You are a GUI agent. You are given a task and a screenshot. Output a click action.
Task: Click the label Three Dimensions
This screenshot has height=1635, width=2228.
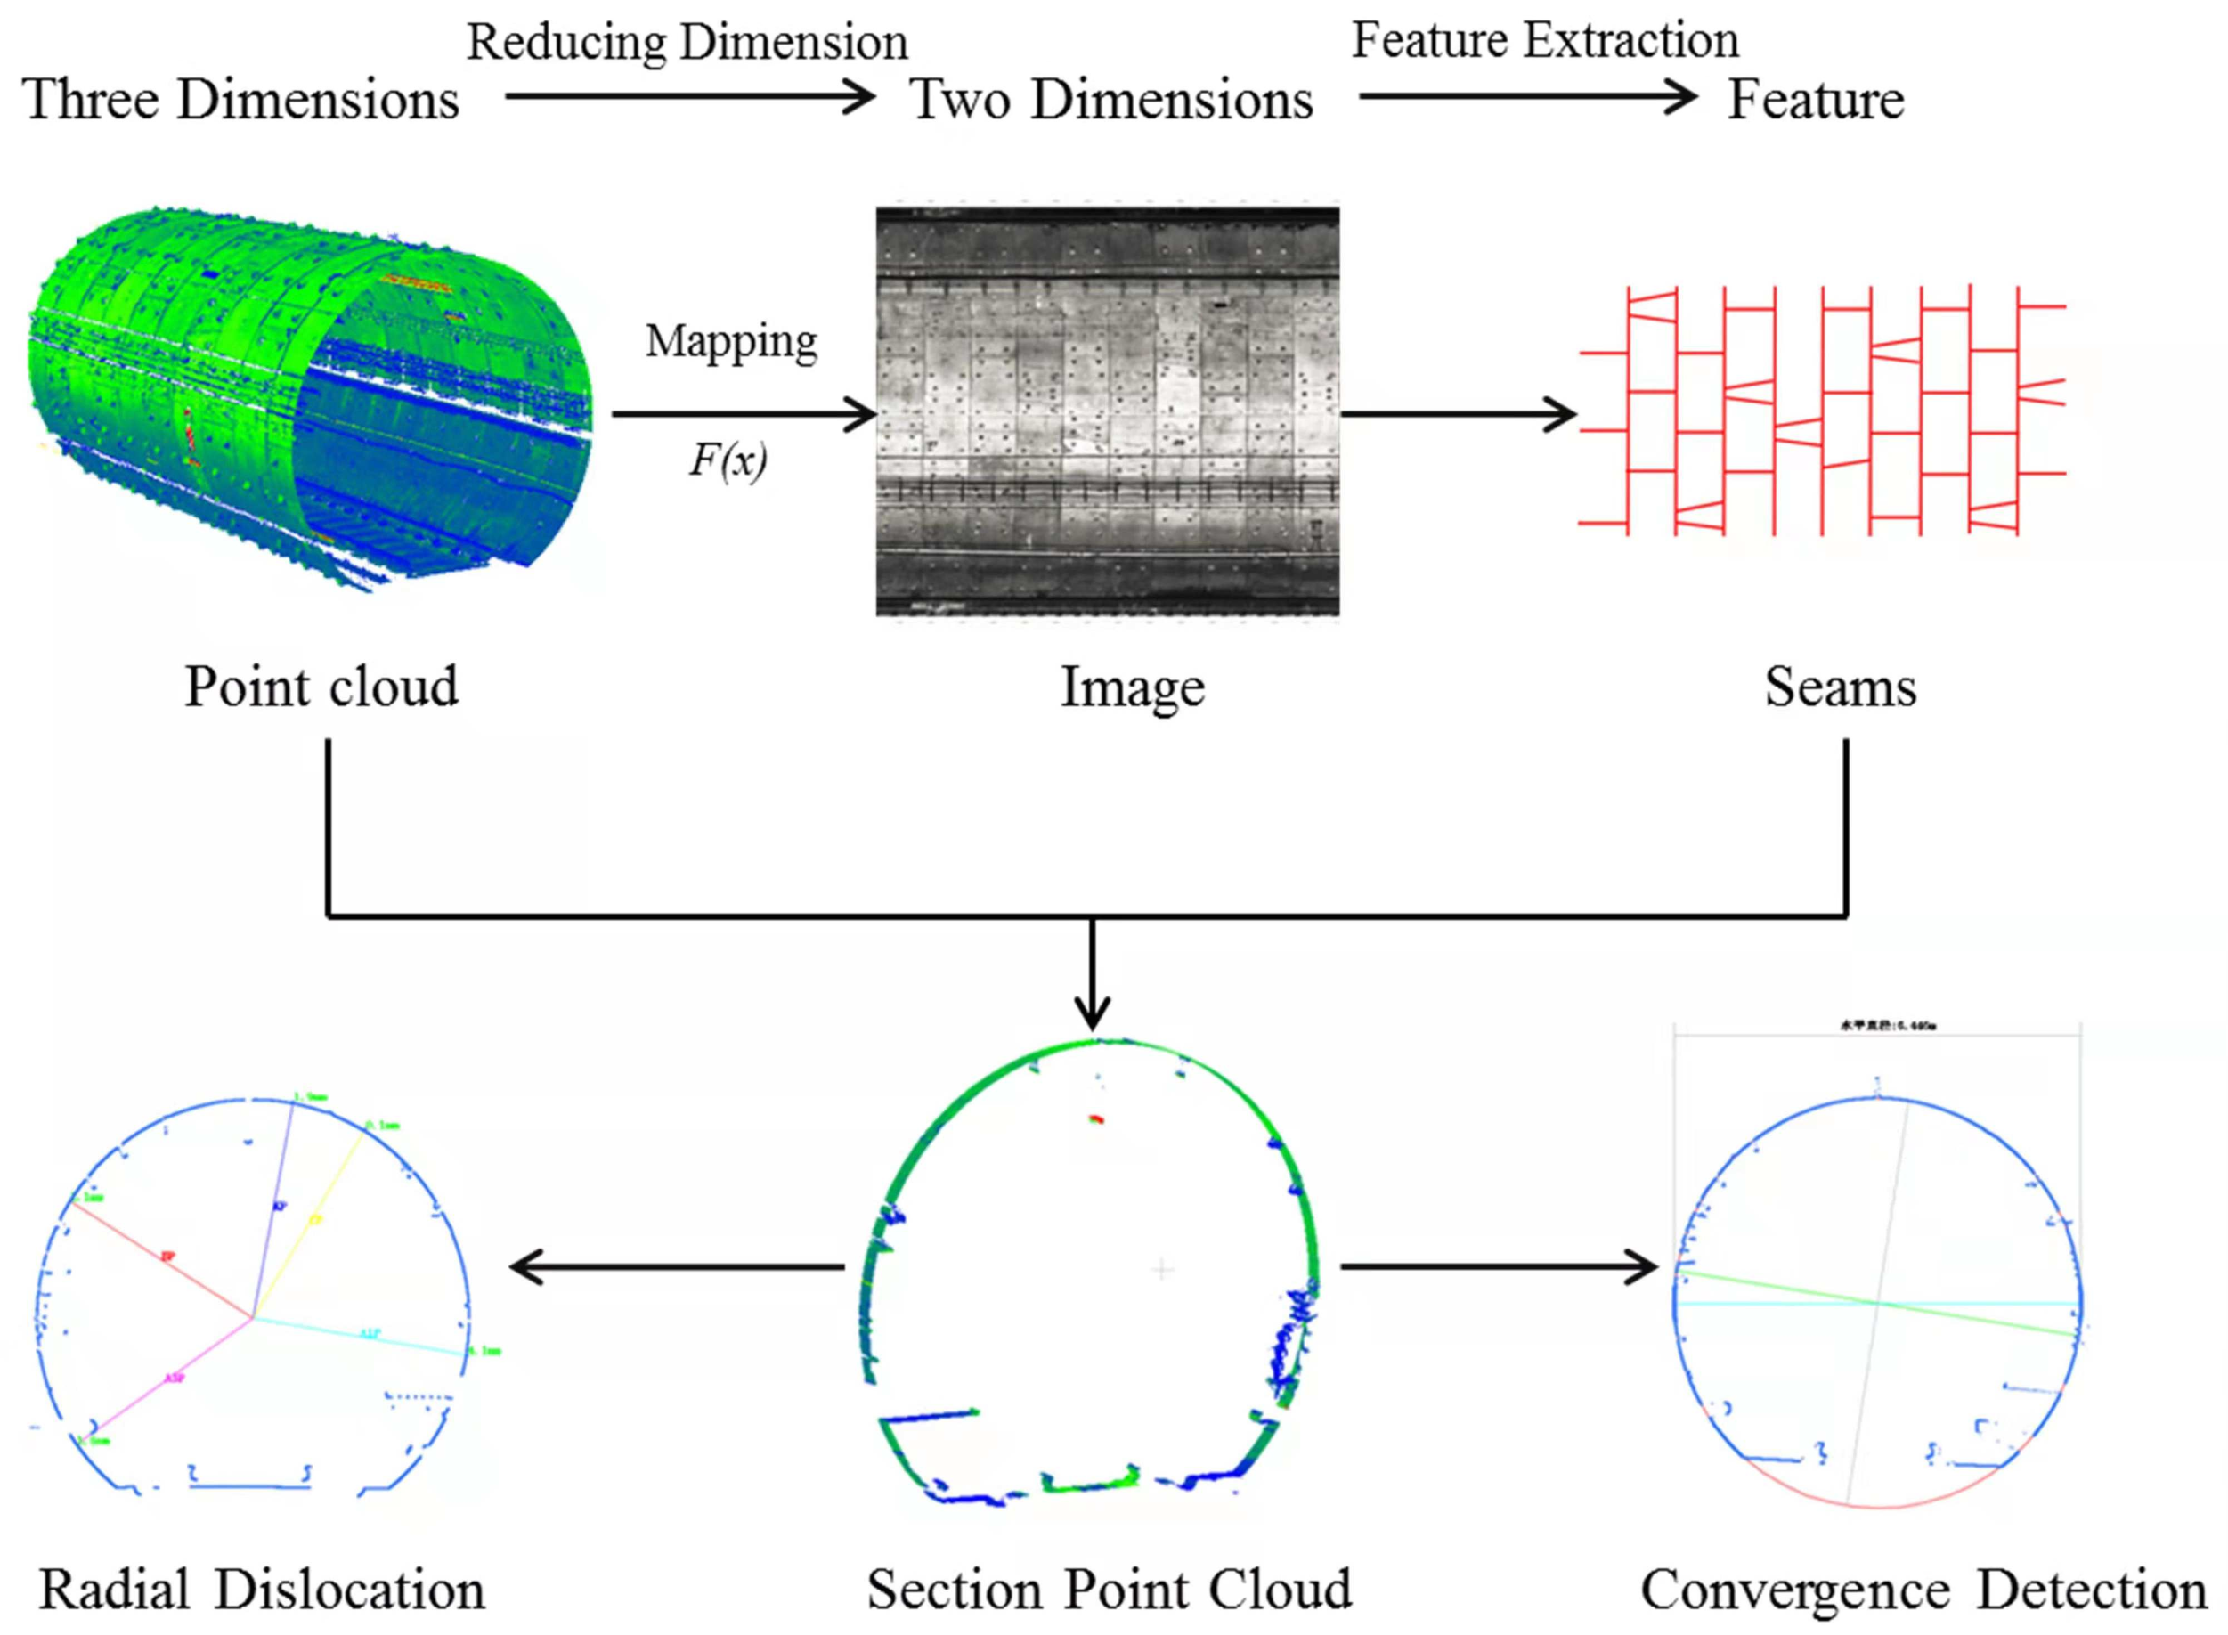pos(240,99)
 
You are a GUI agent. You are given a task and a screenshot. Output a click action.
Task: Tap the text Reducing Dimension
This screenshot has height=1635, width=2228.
pos(686,43)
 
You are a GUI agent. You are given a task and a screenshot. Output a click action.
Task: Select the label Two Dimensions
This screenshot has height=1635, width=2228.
pos(1110,99)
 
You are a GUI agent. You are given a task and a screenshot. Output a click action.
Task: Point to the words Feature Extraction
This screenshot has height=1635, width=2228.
pos(1544,41)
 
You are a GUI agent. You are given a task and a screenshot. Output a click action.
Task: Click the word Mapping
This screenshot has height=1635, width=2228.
pos(730,340)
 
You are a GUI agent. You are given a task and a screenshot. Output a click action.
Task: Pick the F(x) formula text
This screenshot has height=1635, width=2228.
pos(728,460)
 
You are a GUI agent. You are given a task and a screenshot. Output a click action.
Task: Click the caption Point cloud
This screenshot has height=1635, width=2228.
pos(321,686)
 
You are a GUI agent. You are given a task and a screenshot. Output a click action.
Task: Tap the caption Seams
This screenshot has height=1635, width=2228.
pos(1839,686)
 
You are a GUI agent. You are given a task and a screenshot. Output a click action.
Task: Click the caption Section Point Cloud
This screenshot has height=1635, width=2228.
pos(1109,1590)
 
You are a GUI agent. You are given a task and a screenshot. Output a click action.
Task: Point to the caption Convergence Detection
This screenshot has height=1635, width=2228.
pos(1923,1590)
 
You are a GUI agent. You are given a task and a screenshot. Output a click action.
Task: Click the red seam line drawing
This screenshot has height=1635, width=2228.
pos(1821,411)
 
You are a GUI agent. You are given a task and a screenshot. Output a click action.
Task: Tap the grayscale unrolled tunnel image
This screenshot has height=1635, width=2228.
pos(1107,411)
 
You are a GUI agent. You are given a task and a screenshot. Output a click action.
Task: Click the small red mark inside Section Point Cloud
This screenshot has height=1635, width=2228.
pos(1095,1119)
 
